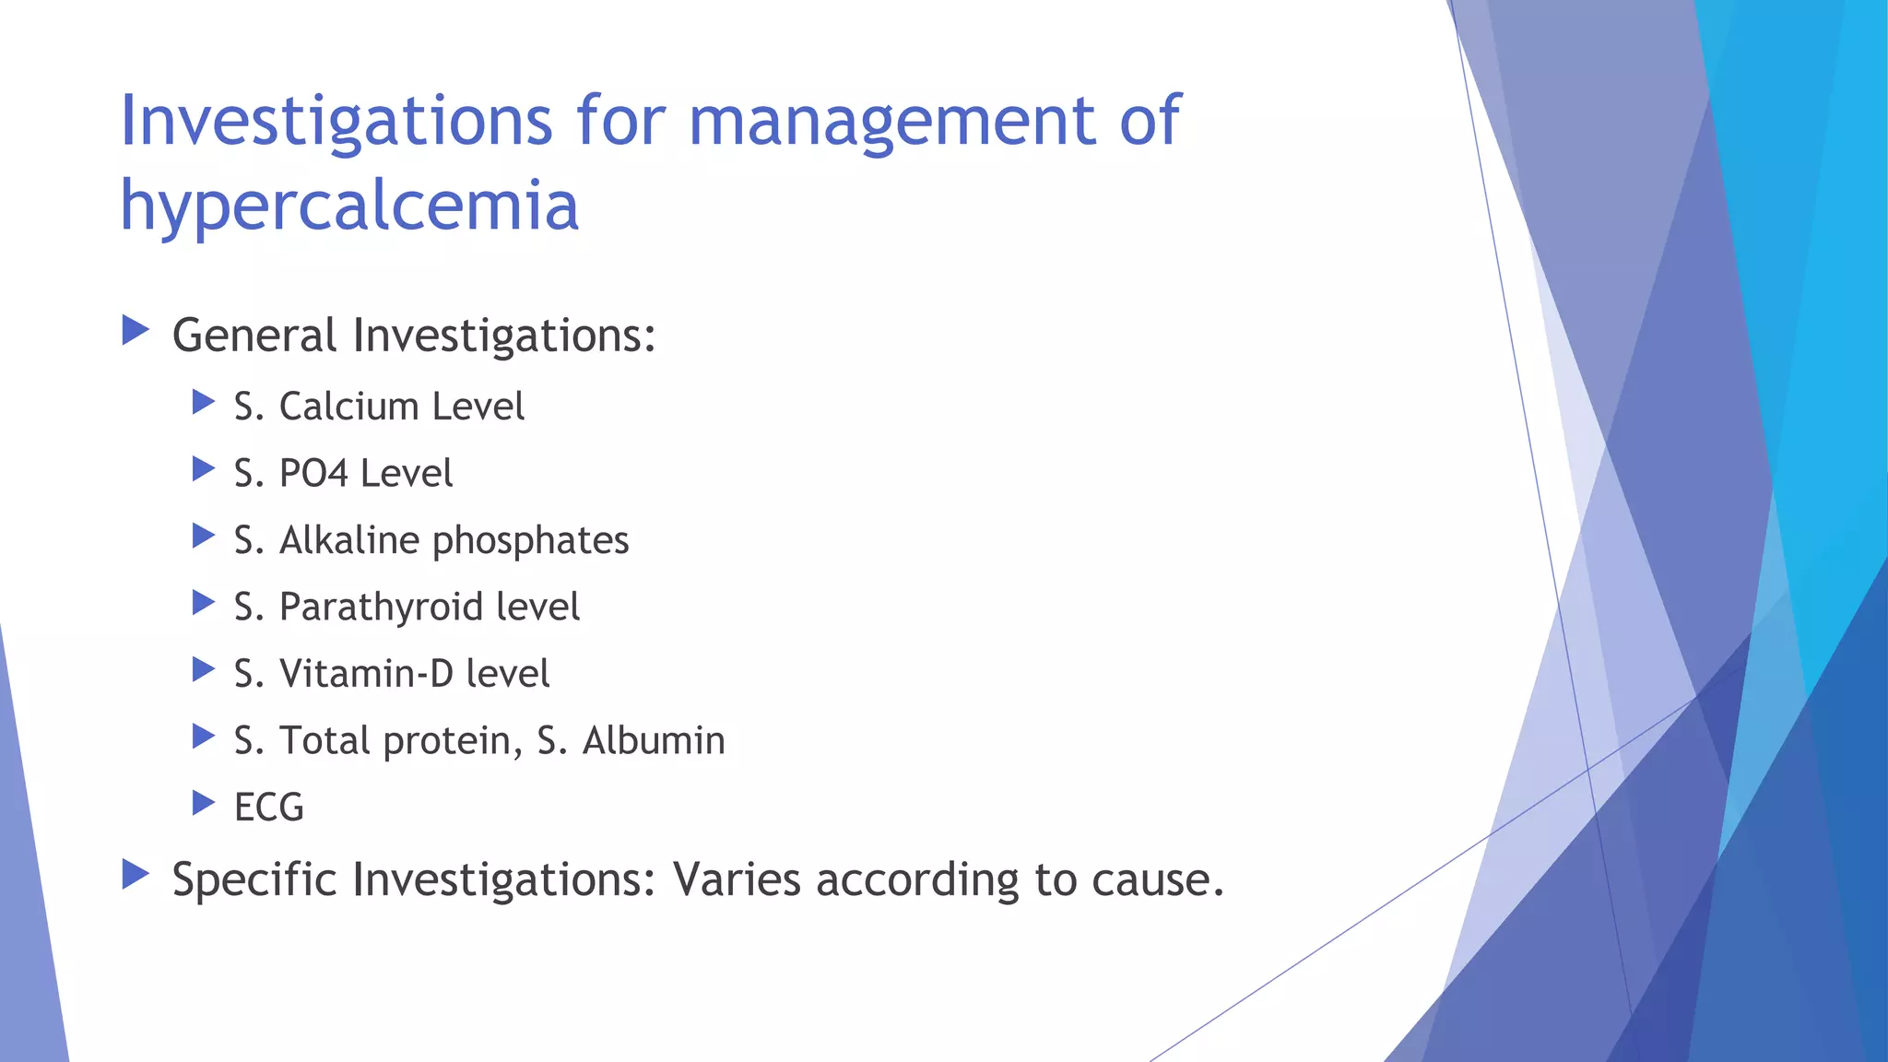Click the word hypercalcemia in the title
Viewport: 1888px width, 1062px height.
[349, 206]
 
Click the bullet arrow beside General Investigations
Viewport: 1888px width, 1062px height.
[136, 330]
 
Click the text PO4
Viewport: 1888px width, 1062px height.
[313, 474]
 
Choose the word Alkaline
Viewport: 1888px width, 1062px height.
[349, 540]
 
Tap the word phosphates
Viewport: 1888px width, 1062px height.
[530, 541]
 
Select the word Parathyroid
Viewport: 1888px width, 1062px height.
[381, 608]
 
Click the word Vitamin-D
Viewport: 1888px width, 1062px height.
[366, 674]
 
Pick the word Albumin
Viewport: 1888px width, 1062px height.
[654, 741]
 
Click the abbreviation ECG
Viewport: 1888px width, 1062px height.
[268, 808]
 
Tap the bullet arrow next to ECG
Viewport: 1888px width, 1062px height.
[203, 803]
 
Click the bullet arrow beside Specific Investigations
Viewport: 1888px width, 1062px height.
[136, 875]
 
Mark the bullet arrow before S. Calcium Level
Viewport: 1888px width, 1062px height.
[203, 402]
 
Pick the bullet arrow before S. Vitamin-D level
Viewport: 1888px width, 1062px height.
[203, 669]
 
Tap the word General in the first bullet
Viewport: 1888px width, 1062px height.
[254, 335]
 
